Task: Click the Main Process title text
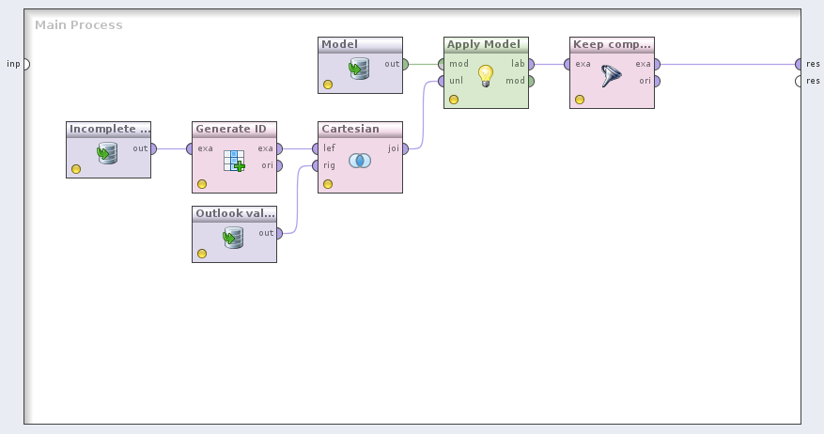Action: coord(79,24)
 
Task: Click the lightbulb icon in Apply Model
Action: coord(485,74)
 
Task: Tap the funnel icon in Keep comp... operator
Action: coord(612,76)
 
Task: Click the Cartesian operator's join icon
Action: coord(359,161)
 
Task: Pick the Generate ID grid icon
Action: coord(234,161)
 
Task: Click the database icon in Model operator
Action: coord(359,68)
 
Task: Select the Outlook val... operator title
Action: coord(235,213)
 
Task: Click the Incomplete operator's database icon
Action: coord(107,153)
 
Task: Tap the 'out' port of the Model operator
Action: coord(406,64)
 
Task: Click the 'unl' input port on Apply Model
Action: coord(441,82)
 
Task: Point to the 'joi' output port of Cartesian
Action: coord(406,148)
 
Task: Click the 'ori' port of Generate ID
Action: coord(280,166)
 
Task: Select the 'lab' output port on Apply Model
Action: coord(532,64)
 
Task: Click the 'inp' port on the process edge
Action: coord(25,64)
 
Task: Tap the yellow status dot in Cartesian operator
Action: coord(327,184)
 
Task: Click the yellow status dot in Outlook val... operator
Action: coord(201,254)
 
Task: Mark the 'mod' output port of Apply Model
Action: coord(532,82)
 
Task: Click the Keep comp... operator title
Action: coord(611,44)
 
